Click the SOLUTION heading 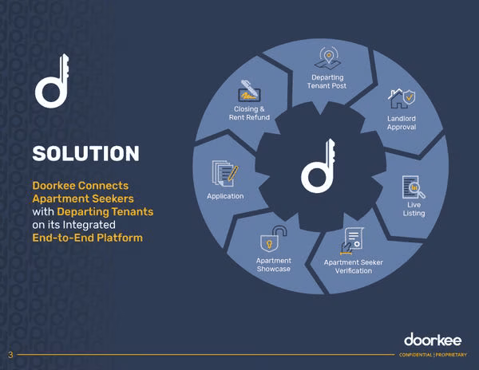tap(86, 153)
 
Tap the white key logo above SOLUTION tap(52, 81)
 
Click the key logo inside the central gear tap(318, 166)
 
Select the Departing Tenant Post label tap(327, 82)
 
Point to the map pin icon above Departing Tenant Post tap(328, 57)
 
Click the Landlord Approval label tap(402, 123)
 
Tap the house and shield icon tap(402, 98)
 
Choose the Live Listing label tap(414, 209)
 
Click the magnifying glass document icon tap(414, 187)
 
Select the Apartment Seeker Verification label tap(354, 266)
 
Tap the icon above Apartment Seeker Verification tap(352, 242)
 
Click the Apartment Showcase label tap(274, 265)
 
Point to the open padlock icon tap(273, 239)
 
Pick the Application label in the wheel tap(225, 196)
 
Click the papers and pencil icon tap(225, 173)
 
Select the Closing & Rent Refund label tap(249, 113)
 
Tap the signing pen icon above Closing tap(250, 91)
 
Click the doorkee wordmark tap(433, 340)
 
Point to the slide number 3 tap(10, 355)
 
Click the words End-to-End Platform tap(88, 238)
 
